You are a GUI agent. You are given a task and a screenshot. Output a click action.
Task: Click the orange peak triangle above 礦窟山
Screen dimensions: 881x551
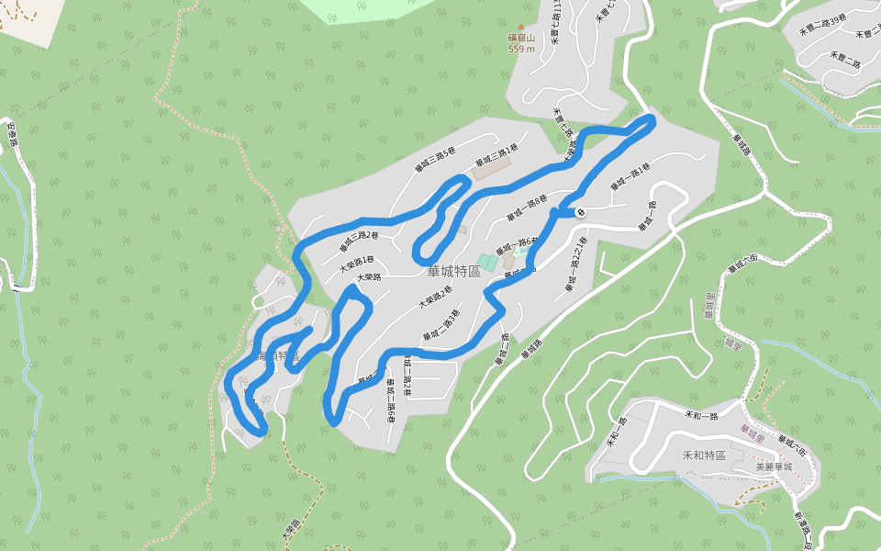click(x=521, y=28)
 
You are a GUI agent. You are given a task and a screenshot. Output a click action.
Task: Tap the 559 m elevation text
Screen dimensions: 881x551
click(x=521, y=49)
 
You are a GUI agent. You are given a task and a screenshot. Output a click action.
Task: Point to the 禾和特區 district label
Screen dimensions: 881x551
click(x=704, y=455)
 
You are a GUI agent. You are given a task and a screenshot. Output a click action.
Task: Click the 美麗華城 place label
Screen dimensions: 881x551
click(x=773, y=467)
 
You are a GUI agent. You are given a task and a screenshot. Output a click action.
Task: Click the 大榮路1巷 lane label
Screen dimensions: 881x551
click(x=357, y=264)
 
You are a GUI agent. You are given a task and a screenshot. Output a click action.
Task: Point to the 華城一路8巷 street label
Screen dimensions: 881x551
click(x=527, y=207)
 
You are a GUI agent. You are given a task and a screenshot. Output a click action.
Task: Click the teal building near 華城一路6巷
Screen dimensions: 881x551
click(x=486, y=263)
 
